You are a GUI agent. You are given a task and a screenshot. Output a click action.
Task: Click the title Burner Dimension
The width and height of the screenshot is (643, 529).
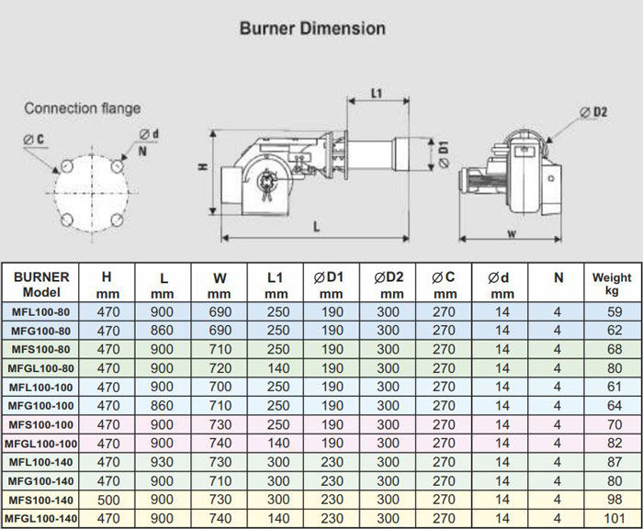pos(312,28)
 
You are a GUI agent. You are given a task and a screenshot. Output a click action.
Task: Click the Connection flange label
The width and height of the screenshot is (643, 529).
pos(83,108)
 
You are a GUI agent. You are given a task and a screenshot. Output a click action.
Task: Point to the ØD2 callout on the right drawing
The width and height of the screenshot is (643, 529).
pos(594,112)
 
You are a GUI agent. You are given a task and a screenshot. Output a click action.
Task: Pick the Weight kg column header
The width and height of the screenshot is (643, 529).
pos(611,284)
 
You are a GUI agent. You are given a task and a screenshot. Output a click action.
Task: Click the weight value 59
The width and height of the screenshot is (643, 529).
pos(611,312)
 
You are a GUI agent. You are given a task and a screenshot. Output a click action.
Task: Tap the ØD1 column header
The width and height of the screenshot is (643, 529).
pos(333,284)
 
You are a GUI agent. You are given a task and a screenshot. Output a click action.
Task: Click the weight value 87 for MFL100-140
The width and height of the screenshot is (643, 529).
pos(611,462)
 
